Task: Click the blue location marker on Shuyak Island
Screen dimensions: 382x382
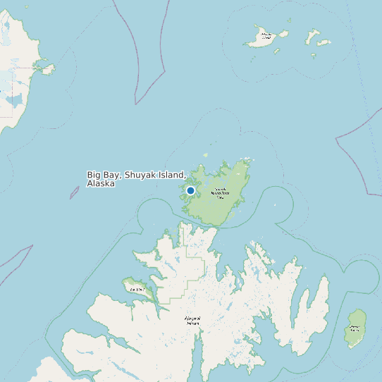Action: (190, 190)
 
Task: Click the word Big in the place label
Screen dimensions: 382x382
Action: (94, 175)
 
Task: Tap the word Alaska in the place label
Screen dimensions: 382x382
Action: (101, 183)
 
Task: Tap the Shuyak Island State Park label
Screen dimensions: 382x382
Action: (220, 192)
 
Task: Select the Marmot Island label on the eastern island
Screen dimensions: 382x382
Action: (355, 328)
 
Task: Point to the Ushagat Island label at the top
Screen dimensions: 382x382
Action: (266, 35)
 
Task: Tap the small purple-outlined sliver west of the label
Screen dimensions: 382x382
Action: (74, 192)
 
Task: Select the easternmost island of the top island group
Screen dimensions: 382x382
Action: (324, 42)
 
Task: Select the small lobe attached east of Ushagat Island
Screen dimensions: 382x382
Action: (283, 33)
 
